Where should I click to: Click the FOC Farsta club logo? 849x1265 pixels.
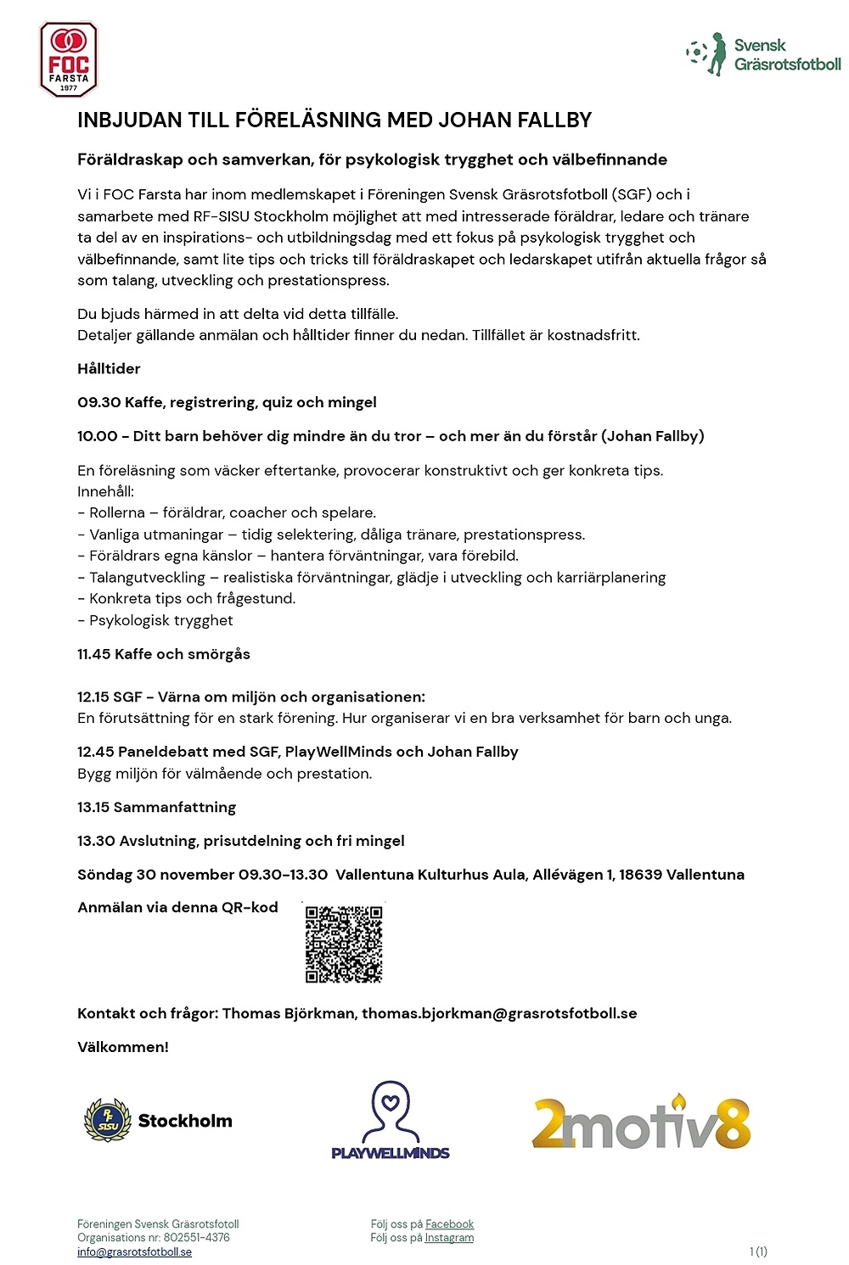tap(69, 59)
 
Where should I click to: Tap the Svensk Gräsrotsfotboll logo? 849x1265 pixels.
tap(763, 55)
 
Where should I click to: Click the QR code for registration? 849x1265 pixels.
tap(344, 943)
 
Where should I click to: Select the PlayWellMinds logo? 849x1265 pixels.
tap(391, 1120)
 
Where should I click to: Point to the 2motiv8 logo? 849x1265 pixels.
tap(642, 1122)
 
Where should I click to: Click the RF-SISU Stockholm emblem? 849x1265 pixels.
tap(108, 1120)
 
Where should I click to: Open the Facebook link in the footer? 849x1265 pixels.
tap(449, 1223)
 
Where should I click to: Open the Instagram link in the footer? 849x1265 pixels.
tap(449, 1237)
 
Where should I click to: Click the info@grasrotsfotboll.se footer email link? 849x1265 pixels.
tap(134, 1251)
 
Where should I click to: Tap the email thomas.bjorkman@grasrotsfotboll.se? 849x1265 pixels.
tap(499, 1013)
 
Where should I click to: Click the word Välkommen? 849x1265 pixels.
tap(123, 1047)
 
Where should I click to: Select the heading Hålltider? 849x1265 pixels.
tap(109, 368)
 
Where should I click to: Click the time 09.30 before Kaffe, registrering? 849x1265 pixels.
tap(98, 402)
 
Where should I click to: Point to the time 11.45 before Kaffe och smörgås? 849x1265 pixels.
tap(93, 654)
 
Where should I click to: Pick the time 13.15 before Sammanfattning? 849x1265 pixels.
tap(95, 807)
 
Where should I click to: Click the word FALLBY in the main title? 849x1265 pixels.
tap(557, 120)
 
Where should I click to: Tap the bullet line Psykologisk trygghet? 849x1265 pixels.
tap(160, 620)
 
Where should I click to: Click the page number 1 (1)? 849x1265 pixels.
tap(758, 1251)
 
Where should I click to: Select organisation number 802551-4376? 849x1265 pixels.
tap(196, 1237)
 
